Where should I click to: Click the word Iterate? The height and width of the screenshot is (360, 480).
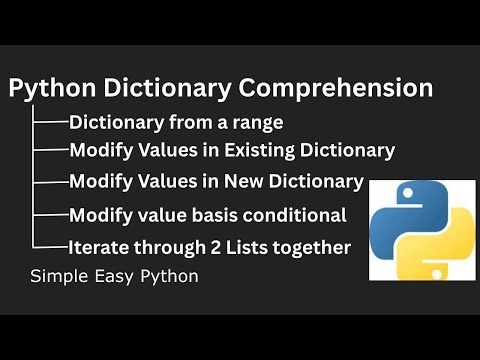[x=99, y=246]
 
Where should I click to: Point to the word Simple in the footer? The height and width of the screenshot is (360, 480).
[x=56, y=275]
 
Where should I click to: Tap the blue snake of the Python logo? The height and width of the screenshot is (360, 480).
[x=396, y=214]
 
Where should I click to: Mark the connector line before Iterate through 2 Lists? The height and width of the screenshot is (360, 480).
[x=50, y=246]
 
